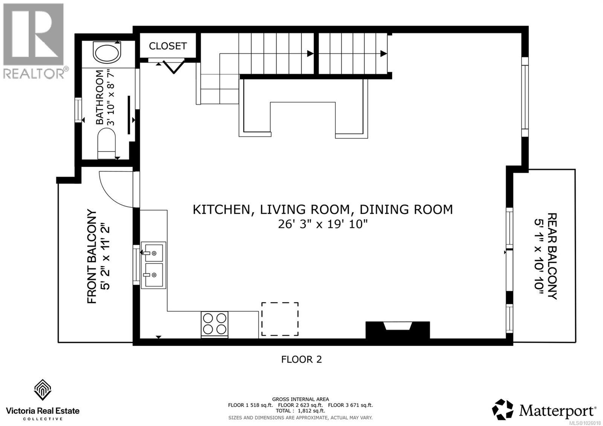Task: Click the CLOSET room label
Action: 168,46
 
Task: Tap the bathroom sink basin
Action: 107,53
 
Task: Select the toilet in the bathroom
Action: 107,143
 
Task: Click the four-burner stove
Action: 214,324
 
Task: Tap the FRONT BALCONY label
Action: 92,257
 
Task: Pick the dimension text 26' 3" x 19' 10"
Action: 323,224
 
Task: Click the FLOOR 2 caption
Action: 301,360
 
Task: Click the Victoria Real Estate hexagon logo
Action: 43,390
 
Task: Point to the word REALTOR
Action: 34,73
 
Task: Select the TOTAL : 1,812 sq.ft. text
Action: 300,411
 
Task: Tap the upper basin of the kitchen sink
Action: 154,253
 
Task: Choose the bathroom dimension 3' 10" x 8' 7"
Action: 110,98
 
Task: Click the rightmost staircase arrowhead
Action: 384,54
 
